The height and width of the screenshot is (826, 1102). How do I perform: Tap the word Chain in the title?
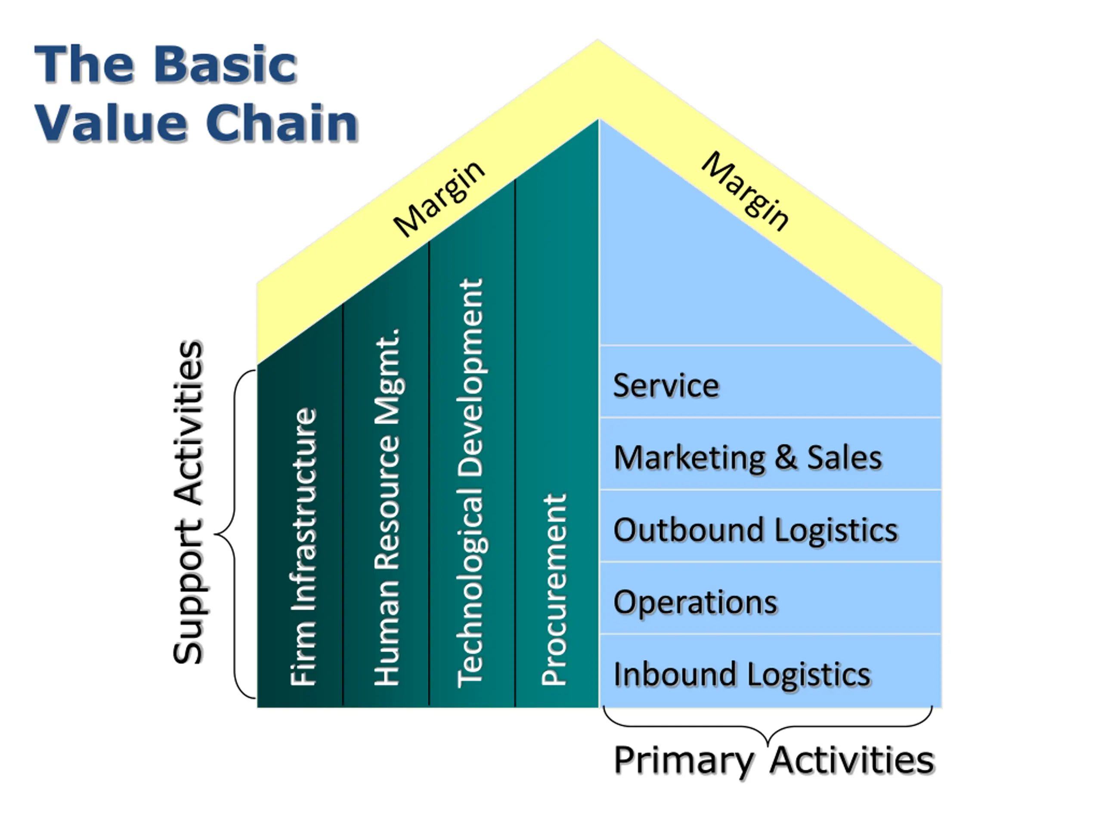(282, 123)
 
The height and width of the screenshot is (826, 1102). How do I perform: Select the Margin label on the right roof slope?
(745, 191)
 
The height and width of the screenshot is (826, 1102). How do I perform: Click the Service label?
(666, 385)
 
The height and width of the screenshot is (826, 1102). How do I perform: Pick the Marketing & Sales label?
(748, 458)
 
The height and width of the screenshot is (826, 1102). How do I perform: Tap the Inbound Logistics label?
(742, 675)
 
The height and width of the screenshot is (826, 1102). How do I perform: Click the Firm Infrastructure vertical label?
(303, 547)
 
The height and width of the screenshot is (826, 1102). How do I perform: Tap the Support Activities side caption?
(188, 502)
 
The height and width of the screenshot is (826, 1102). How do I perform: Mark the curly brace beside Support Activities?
(235, 534)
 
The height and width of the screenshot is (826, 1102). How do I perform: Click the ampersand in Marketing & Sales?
(786, 458)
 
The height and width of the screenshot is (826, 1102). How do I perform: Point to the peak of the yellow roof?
(598, 40)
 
